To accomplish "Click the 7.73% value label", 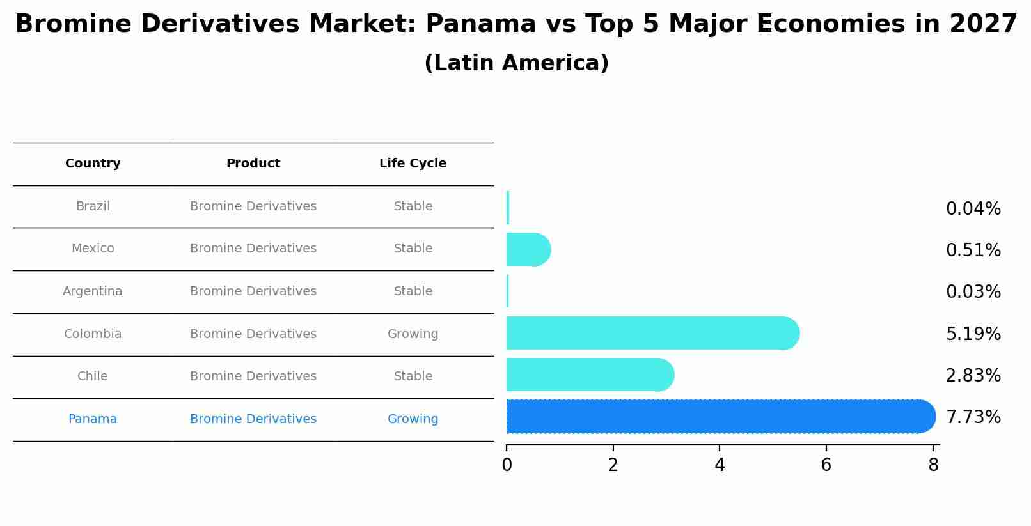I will (x=973, y=417).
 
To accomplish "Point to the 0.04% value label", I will (x=973, y=209).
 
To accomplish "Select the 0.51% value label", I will (x=973, y=251).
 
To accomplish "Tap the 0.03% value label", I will (x=973, y=292).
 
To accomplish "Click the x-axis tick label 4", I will (x=720, y=465).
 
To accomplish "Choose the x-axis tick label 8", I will (x=933, y=465).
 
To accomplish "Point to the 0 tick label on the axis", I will (x=507, y=465).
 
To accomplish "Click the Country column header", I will (x=93, y=164).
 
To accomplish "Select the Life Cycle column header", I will (x=413, y=164).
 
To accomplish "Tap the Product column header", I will (x=253, y=164).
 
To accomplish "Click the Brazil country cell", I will (x=93, y=206).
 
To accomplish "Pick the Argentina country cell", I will (x=93, y=291).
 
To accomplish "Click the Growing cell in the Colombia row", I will (x=413, y=334).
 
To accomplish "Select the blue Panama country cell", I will (x=93, y=419).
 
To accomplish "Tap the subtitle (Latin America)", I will (x=516, y=63).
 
